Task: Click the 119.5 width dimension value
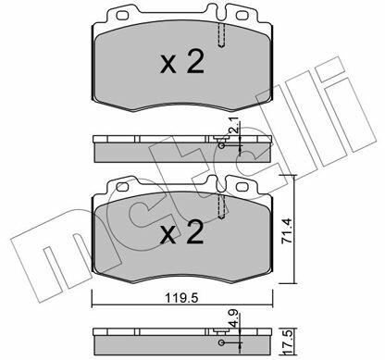[x=181, y=298]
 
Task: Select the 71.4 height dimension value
[x=287, y=231]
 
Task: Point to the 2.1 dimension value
[x=234, y=125]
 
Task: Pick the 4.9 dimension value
[x=234, y=318]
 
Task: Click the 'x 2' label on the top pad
[x=182, y=62]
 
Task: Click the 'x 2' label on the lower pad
[x=182, y=232]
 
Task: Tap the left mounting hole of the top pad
[x=122, y=15]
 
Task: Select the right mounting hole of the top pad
[x=242, y=15]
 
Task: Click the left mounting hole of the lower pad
[x=122, y=187]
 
